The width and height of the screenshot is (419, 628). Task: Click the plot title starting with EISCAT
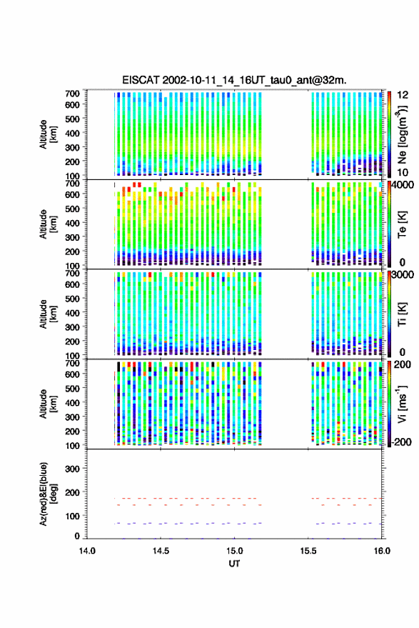tap(235, 80)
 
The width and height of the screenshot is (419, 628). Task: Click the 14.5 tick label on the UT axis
tap(161, 551)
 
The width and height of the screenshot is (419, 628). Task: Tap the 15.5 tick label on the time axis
tap(308, 551)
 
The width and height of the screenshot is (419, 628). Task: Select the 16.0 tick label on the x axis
tap(382, 551)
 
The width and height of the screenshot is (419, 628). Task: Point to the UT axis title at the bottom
tap(234, 564)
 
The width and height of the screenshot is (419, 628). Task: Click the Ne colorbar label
tap(401, 135)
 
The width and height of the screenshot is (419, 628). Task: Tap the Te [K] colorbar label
tap(402, 224)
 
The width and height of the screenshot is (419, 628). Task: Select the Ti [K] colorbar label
tap(402, 314)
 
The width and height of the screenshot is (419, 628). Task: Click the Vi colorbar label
tap(401, 404)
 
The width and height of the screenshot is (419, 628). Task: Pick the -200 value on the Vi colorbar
tap(400, 442)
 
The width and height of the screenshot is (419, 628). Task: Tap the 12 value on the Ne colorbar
tap(403, 94)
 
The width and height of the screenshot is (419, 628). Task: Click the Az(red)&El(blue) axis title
tap(47, 494)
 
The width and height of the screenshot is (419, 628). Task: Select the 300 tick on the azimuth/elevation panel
tap(72, 469)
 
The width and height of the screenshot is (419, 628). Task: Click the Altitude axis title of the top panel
tap(48, 134)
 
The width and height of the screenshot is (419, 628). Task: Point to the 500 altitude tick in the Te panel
tap(72, 209)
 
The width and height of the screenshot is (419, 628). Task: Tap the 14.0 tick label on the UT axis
tap(87, 551)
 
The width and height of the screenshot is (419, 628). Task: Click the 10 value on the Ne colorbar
tap(403, 173)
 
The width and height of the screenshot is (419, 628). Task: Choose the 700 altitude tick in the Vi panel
tap(72, 363)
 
